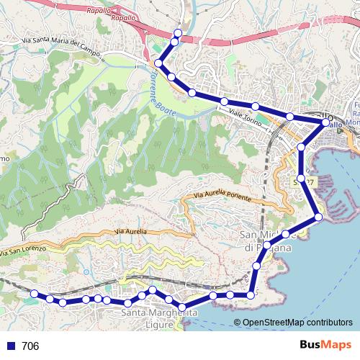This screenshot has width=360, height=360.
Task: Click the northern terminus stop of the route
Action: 178,33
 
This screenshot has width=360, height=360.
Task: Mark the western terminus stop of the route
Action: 34,293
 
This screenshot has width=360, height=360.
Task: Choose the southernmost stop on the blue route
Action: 183,308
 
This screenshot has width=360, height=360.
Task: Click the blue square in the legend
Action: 9,346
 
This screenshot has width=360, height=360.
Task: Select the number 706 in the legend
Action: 30,346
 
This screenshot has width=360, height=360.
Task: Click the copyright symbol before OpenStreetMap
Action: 238,323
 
